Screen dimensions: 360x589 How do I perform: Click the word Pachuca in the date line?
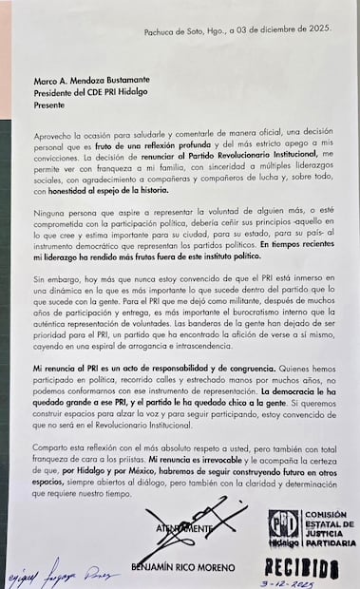[x=161, y=30]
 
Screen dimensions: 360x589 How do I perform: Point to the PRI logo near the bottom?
[x=283, y=528]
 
